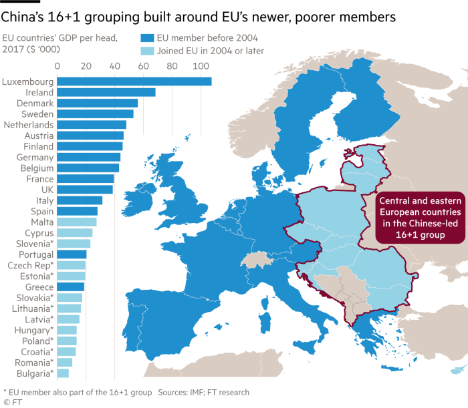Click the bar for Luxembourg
pos(134,81)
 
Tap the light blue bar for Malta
pos(77,222)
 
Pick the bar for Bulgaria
pos(63,373)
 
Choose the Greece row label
pos(39,286)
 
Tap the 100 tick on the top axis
pos(200,66)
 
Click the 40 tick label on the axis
pos(114,66)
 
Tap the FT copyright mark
pos(11,402)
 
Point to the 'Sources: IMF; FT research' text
pos(204,392)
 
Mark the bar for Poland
pos(67,341)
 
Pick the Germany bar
pos(88,157)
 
